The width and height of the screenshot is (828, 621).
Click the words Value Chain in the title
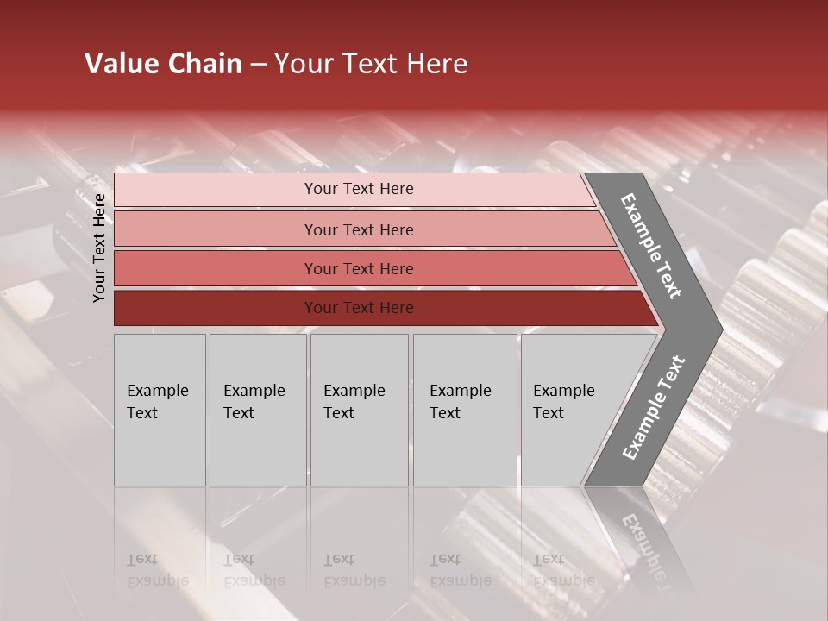[x=163, y=64]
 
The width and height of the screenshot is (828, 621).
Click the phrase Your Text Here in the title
[x=371, y=64]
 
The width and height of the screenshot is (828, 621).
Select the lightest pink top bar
[x=216, y=190]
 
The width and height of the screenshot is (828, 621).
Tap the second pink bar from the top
[x=216, y=229]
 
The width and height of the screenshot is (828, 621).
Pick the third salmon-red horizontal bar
[x=216, y=268]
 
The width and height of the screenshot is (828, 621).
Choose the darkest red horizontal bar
[x=216, y=308]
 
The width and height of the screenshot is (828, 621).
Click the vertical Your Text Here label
[x=99, y=248]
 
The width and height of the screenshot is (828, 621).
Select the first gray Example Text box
[x=160, y=410]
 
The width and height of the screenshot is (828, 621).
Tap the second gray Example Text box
[x=257, y=410]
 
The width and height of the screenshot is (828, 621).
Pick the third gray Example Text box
[x=359, y=410]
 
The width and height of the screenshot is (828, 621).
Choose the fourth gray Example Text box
[x=464, y=410]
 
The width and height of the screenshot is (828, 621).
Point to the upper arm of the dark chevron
[x=651, y=246]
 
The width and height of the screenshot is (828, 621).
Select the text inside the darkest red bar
[x=359, y=308]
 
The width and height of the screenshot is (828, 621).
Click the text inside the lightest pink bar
[x=359, y=189]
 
